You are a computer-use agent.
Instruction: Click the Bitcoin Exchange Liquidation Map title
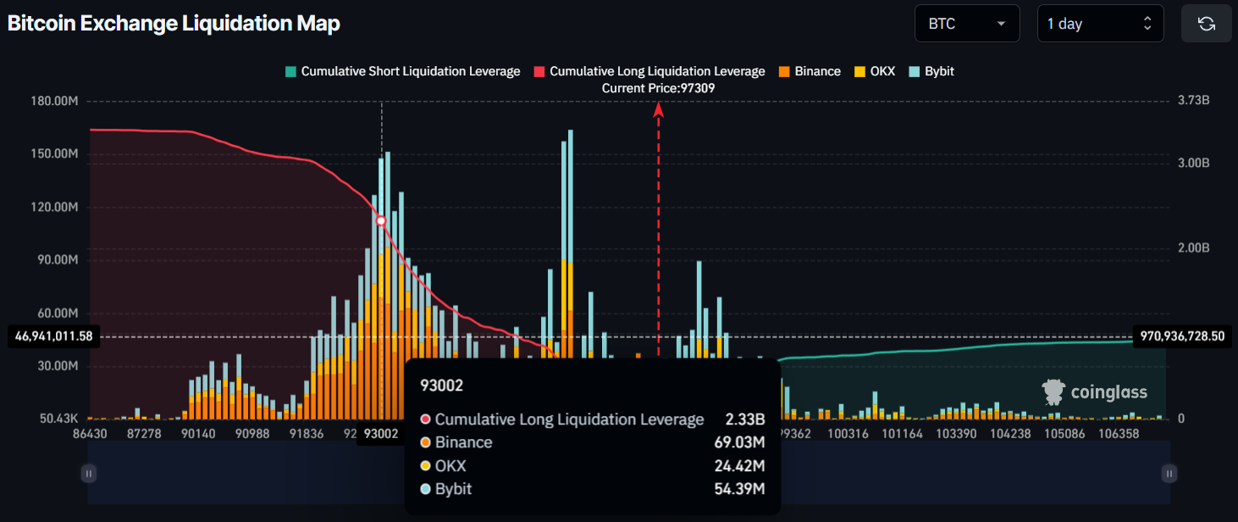pyautogui.click(x=174, y=24)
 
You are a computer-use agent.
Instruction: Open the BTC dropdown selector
pyautogui.click(x=966, y=24)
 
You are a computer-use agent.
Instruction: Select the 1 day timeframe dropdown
pyautogui.click(x=1099, y=24)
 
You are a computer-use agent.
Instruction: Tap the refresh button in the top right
pyautogui.click(x=1206, y=24)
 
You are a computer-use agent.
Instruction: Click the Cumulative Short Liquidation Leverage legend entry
pyautogui.click(x=403, y=71)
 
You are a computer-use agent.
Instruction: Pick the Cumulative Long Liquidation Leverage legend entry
pyautogui.click(x=649, y=71)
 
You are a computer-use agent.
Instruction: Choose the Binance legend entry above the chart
pyautogui.click(x=810, y=71)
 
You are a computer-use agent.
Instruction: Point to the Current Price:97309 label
pyautogui.click(x=658, y=88)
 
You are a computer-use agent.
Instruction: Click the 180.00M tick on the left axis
pyautogui.click(x=54, y=101)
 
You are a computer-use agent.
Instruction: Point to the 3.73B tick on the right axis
pyautogui.click(x=1193, y=101)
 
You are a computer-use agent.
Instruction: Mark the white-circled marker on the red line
pyautogui.click(x=381, y=220)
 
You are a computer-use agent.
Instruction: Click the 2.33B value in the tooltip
pyautogui.click(x=744, y=419)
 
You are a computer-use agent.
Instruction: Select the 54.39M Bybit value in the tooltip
pyautogui.click(x=739, y=489)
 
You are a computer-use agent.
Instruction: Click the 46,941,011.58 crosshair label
pyautogui.click(x=53, y=336)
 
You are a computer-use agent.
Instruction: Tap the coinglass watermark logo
pyautogui.click(x=1095, y=391)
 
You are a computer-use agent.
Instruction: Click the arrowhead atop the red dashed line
pyautogui.click(x=658, y=108)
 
